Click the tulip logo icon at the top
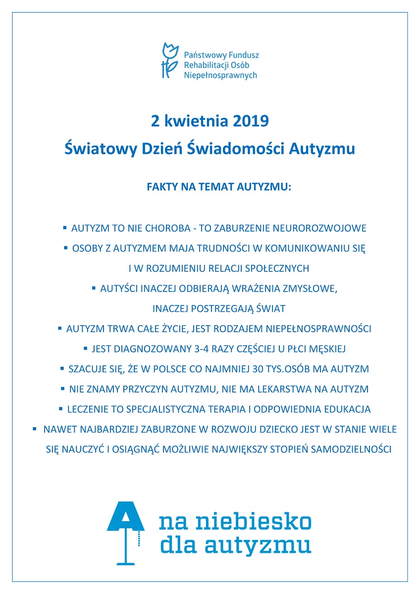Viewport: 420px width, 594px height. pyautogui.click(x=169, y=60)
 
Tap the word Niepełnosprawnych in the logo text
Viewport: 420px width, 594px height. pyautogui.click(x=220, y=75)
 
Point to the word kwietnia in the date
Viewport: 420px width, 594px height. pyautogui.click(x=193, y=121)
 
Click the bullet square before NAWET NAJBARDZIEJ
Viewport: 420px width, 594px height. pyautogui.click(x=35, y=429)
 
